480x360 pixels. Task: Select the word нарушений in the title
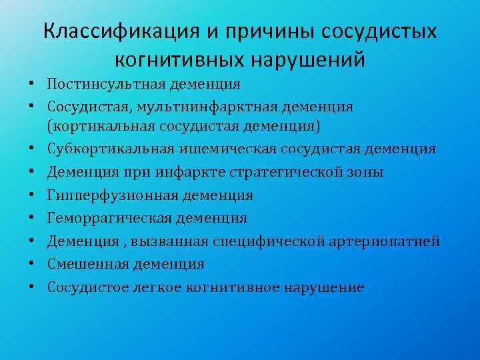pyautogui.click(x=308, y=60)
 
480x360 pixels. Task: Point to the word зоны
pyautogui.click(x=365, y=172)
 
